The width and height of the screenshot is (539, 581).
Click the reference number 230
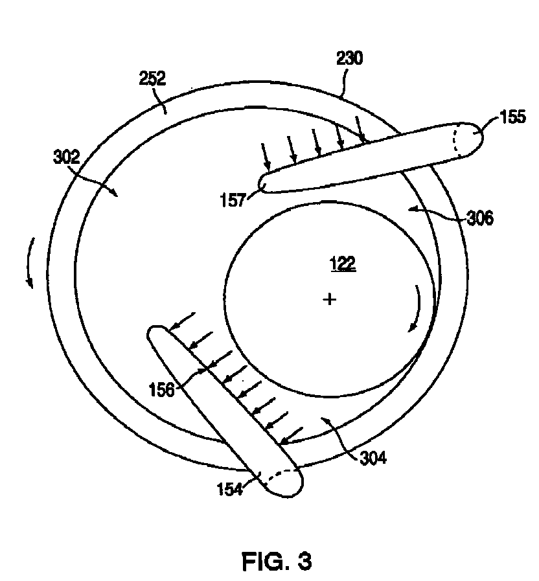(x=349, y=58)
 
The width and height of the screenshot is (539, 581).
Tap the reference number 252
(x=152, y=78)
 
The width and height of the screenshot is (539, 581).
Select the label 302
(x=67, y=157)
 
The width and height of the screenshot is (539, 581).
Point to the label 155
(x=512, y=117)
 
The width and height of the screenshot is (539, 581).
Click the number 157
(x=233, y=200)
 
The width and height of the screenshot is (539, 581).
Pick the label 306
(x=480, y=218)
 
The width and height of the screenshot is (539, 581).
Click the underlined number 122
(x=343, y=264)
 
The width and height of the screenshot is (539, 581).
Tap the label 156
(x=161, y=390)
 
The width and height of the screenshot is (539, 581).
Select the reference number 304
(x=373, y=458)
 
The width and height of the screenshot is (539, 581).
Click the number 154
(x=230, y=489)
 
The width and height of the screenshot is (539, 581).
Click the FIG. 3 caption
(x=277, y=561)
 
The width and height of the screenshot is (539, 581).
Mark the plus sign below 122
(x=330, y=299)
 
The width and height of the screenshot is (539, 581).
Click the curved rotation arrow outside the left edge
(x=29, y=262)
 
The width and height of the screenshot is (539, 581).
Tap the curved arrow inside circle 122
(x=417, y=308)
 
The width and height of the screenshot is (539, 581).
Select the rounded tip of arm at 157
(x=263, y=183)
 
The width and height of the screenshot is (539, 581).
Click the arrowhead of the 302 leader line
(x=115, y=192)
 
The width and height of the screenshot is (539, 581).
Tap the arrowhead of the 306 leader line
(x=413, y=209)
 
